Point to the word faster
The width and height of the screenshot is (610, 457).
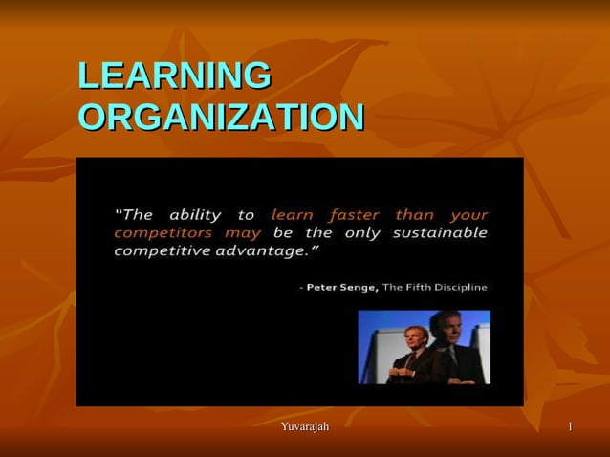pyautogui.click(x=354, y=215)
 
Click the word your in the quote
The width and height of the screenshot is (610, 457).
pyautogui.click(x=468, y=215)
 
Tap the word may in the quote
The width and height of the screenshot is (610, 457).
pyautogui.click(x=243, y=233)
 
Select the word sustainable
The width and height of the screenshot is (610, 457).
pyautogui.click(x=449, y=233)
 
